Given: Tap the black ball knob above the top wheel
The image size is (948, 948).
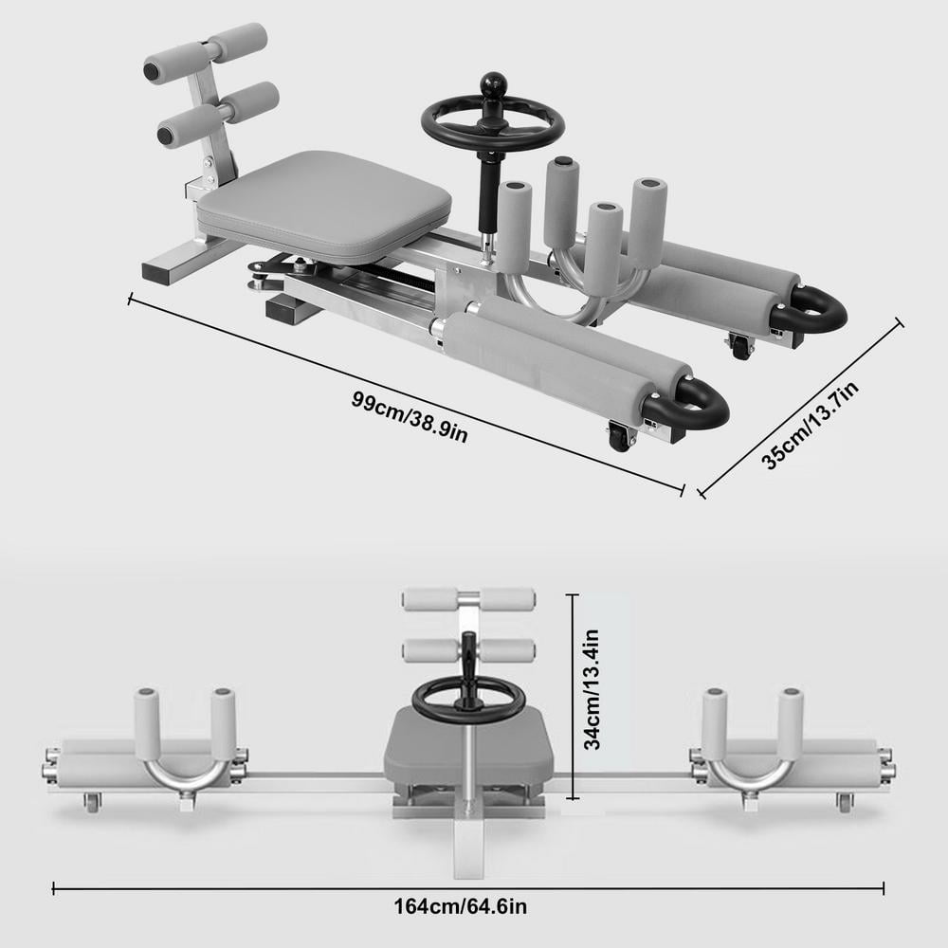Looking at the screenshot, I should pos(493,85).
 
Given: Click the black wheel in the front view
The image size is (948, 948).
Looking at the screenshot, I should pos(467,702).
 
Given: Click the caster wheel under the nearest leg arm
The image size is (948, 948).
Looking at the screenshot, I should pos(620,439).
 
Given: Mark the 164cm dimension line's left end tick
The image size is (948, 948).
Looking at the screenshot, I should pos(53,888).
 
